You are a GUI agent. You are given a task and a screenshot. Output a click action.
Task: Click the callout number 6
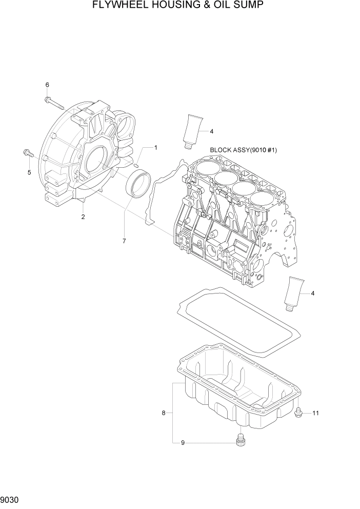coord(47,85)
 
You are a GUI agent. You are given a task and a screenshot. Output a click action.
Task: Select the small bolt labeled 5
coord(28,152)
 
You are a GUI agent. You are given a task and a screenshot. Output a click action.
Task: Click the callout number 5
coord(29,172)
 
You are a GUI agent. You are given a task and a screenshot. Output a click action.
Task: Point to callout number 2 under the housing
coord(83,217)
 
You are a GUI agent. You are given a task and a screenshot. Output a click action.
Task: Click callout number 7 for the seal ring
coord(124,240)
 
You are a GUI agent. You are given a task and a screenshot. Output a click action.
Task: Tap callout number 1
coord(155,148)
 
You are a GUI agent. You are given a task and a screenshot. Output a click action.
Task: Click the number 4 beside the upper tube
coord(211,131)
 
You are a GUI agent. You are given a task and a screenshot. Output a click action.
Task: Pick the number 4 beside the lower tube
coord(312,293)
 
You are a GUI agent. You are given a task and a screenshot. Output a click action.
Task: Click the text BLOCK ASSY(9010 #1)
coord(244,150)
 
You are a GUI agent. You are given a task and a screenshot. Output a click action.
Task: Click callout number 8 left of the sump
coord(164,413)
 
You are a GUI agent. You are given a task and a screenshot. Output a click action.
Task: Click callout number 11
coord(315,413)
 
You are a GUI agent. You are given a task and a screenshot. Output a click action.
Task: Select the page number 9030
coord(9,499)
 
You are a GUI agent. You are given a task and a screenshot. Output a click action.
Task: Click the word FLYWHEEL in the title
coord(118,6)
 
